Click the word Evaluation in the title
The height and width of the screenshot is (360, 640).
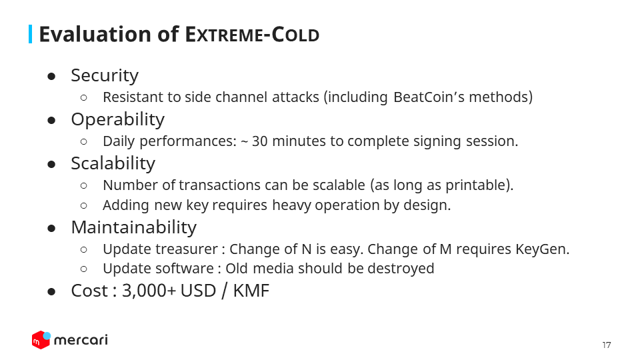[x=95, y=34]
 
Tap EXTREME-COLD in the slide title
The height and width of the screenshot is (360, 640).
[x=252, y=35]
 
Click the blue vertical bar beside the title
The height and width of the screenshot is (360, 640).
[x=30, y=34]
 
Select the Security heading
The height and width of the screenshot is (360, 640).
[x=105, y=76]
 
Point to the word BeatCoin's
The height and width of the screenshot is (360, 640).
[x=429, y=97]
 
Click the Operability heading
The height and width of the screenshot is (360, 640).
[x=117, y=120]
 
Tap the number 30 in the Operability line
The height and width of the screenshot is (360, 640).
[x=259, y=141]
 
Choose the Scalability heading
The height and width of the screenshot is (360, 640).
[x=113, y=163]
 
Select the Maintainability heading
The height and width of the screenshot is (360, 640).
[x=133, y=227]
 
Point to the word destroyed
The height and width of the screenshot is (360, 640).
[x=401, y=269]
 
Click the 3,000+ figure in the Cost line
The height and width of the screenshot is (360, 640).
[x=149, y=291]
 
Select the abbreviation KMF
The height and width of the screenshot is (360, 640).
[x=251, y=291]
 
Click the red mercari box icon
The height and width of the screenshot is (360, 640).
[x=41, y=340]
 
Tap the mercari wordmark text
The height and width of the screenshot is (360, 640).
[x=81, y=340]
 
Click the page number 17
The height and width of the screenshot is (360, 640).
[x=607, y=345]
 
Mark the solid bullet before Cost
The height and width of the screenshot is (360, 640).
[x=51, y=292]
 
